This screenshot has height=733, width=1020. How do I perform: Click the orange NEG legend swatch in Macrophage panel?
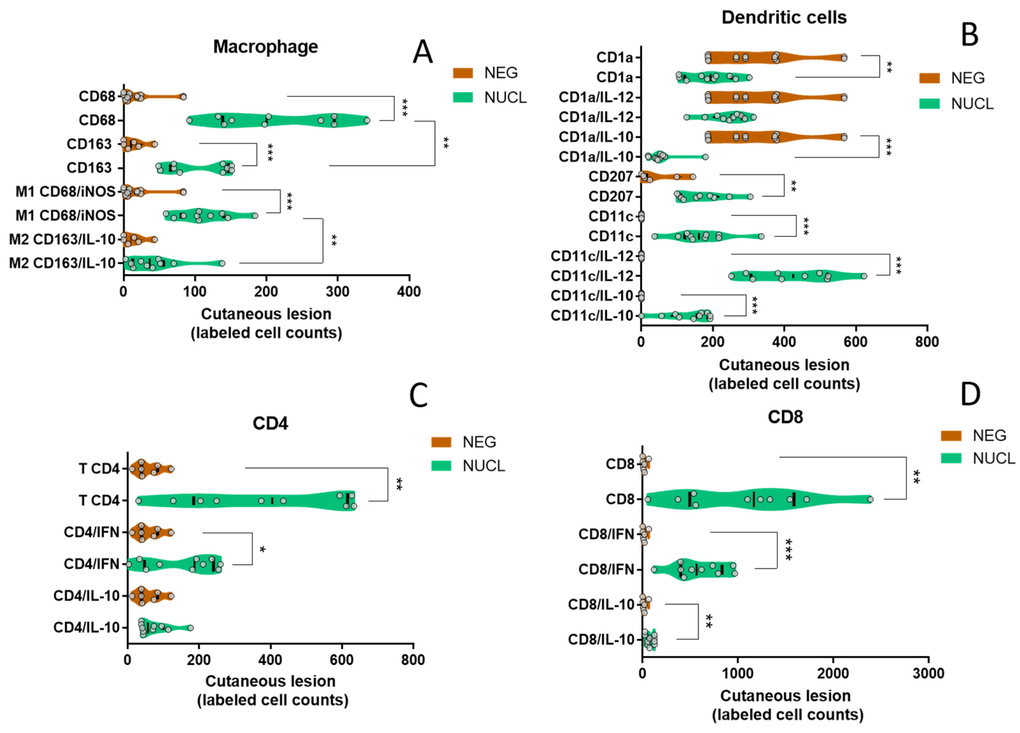coord(463,73)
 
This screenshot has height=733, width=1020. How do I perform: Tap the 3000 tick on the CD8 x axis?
coord(928,674)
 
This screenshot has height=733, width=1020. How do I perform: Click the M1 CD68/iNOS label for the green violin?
coord(66,216)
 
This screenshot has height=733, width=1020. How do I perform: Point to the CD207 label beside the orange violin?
coord(610,176)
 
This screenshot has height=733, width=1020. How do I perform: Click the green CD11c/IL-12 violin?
coord(796,276)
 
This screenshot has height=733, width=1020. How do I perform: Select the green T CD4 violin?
coord(245,500)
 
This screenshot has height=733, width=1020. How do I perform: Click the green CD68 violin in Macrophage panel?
coord(279,120)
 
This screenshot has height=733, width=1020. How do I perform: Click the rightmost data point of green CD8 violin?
coord(870,499)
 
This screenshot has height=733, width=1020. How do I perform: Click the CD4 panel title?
coord(270,423)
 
